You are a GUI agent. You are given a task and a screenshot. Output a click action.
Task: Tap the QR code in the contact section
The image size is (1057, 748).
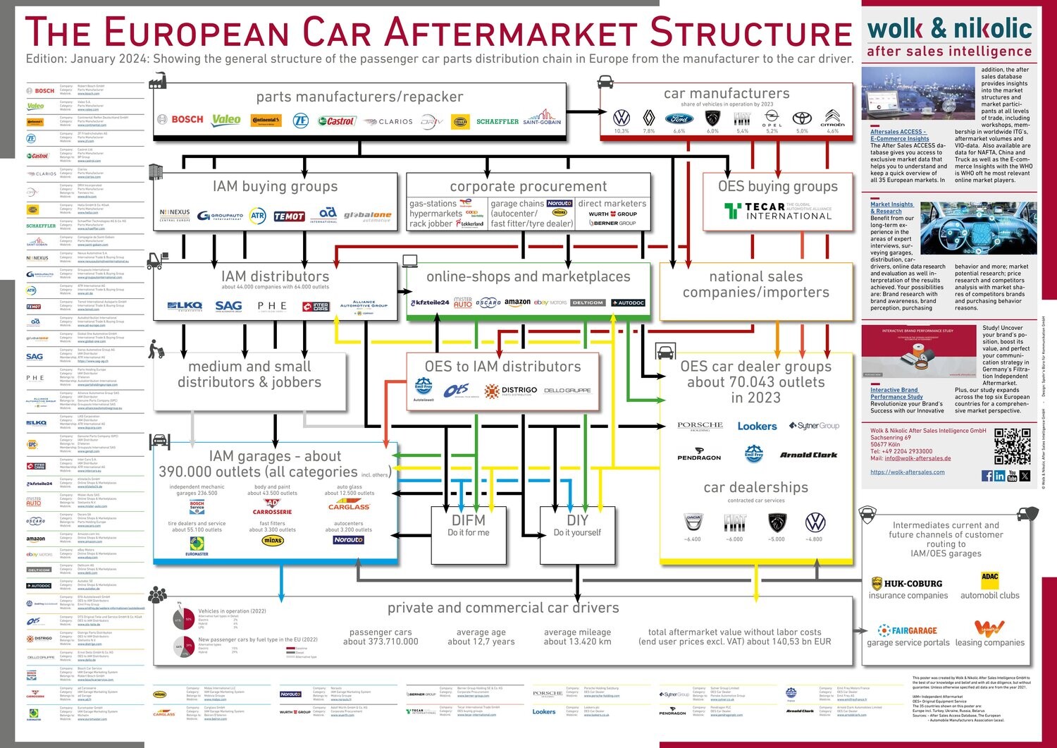(1012, 446)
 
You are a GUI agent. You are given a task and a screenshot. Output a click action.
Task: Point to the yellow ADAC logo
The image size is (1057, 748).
(989, 577)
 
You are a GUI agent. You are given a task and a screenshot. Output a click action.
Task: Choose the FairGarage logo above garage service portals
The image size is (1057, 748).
(908, 630)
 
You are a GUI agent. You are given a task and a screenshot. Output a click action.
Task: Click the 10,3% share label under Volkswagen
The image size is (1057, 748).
(621, 131)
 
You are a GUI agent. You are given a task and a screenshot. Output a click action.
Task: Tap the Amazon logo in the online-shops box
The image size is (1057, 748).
(517, 302)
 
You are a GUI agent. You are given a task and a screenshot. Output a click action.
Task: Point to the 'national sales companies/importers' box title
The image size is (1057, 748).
(755, 284)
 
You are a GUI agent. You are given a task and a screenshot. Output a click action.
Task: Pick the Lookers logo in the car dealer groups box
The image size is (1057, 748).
(757, 426)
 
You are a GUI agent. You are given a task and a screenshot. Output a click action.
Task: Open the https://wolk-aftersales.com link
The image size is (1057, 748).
(907, 472)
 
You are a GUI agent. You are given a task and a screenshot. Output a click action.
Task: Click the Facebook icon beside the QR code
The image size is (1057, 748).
(987, 477)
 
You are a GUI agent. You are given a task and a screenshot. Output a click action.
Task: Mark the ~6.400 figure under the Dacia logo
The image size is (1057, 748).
(692, 539)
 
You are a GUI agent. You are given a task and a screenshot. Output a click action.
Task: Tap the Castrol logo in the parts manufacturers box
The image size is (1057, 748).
(336, 121)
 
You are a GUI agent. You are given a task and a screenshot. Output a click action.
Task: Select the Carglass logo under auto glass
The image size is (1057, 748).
(349, 506)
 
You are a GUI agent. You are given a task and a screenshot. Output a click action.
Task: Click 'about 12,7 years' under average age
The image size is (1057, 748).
(481, 642)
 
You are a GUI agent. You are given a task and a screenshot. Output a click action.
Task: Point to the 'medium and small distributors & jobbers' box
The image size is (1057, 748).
(249, 374)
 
